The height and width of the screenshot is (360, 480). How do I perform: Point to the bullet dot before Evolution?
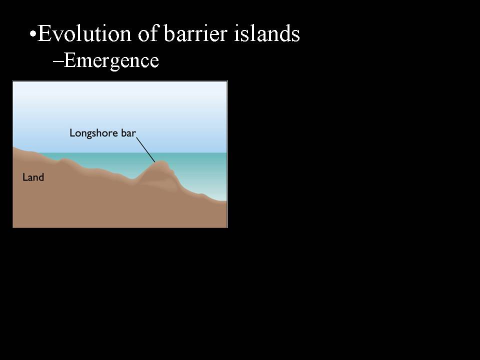point(32,34)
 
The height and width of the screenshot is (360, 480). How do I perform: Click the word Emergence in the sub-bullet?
point(111,60)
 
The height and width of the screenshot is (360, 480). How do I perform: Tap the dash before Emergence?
point(58,61)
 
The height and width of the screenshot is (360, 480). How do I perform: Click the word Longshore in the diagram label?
point(94,133)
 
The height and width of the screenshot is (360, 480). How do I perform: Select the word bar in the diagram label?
point(128,132)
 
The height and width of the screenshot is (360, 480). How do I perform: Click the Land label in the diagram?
point(33,177)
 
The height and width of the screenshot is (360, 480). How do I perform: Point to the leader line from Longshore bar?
point(145,149)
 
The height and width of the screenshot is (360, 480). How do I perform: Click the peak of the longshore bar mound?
point(161,162)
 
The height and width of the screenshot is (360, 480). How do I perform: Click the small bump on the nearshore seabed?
point(63,160)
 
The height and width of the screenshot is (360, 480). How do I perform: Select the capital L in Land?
point(25,177)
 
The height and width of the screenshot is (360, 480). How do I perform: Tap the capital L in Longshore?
point(72,132)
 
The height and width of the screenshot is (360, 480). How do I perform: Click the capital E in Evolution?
point(44,33)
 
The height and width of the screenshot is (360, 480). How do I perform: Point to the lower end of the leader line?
point(155,162)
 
